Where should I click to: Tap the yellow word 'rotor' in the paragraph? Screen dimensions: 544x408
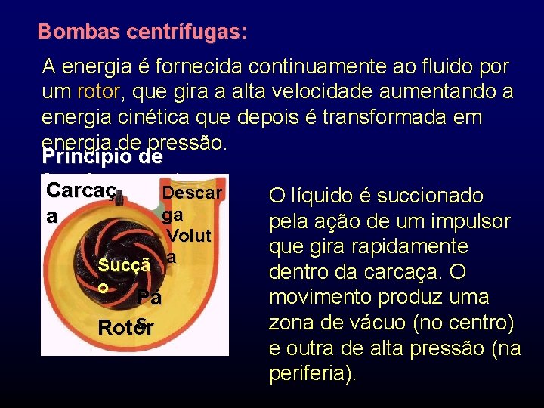pyautogui.click(x=97, y=92)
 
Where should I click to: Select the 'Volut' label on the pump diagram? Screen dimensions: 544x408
pyautogui.click(x=190, y=235)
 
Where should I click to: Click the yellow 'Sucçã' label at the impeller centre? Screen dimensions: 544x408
pyautogui.click(x=125, y=264)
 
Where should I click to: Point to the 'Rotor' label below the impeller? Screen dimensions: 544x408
pyautogui.click(x=126, y=328)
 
